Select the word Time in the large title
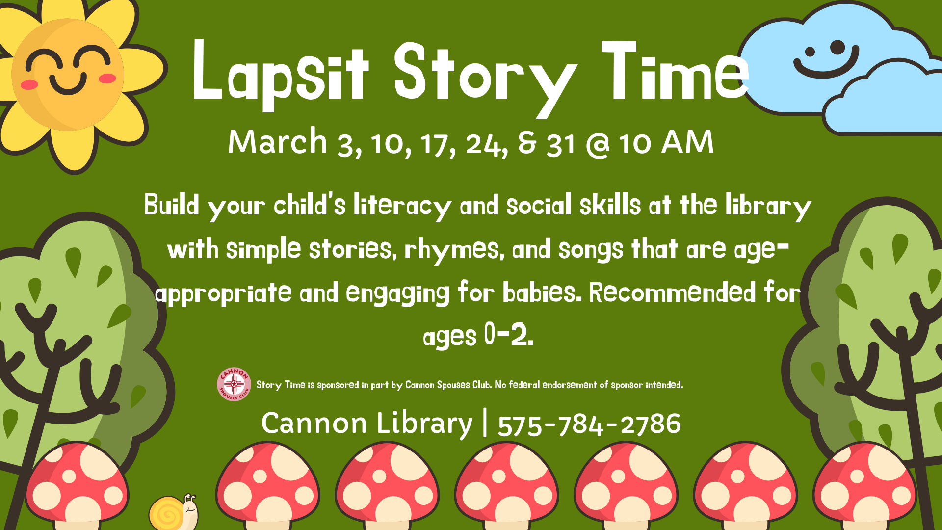[x=676, y=71]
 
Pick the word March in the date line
[x=278, y=142]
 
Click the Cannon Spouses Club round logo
[x=234, y=384]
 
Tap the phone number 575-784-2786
[x=589, y=424]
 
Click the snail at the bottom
[x=173, y=512]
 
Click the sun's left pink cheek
[x=29, y=84]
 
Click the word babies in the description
[x=542, y=292]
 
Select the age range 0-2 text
[x=508, y=335]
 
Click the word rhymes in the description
[x=454, y=250]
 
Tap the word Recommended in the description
[x=672, y=292]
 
